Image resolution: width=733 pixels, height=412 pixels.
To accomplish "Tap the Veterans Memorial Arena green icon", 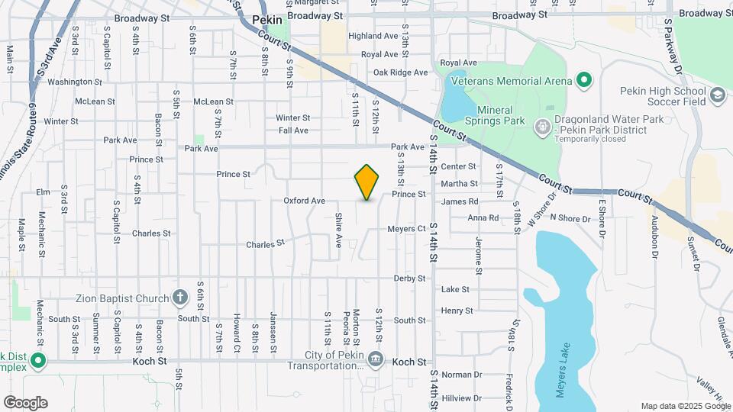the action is tap(584, 80).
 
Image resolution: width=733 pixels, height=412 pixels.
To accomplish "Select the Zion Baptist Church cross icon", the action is tap(179, 297).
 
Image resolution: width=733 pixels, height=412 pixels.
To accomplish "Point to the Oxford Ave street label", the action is tap(305, 201).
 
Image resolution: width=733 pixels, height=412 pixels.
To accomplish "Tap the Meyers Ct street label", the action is tap(406, 229).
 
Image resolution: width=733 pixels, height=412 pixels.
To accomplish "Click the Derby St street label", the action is tap(409, 278).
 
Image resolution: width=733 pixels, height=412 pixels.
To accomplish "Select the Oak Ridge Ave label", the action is tap(401, 72).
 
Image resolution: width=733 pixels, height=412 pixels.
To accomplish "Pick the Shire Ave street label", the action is tap(338, 230).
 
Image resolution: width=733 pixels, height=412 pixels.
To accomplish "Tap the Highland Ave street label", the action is tap(373, 36).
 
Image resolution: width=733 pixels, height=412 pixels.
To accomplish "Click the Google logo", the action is tap(25, 402).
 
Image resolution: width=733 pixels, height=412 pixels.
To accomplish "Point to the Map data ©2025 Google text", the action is tap(685, 406).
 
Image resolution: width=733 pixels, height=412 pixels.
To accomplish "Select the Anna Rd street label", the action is tap(483, 217).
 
